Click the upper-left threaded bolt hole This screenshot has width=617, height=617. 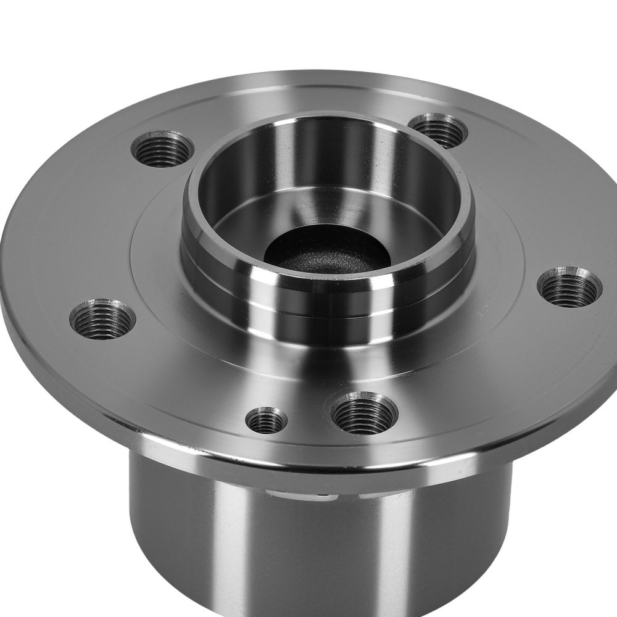(x=162, y=149)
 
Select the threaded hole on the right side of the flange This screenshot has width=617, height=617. (x=569, y=287)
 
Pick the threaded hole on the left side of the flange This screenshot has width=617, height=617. (x=102, y=318)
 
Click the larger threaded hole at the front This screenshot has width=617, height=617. (x=364, y=413)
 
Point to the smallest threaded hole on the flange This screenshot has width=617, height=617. (x=266, y=421)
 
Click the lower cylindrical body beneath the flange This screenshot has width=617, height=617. (x=308, y=543)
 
